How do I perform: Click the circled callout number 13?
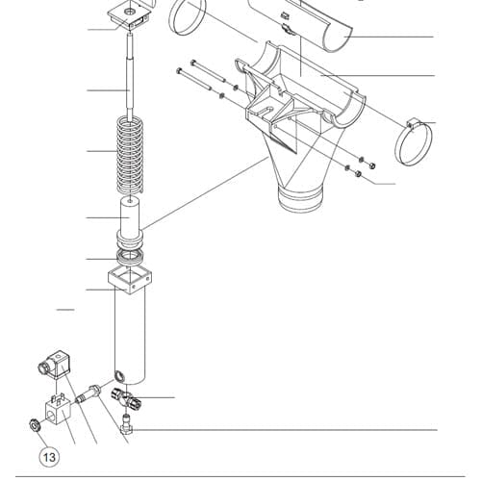[x=49, y=457]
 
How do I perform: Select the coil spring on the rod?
[x=130, y=155]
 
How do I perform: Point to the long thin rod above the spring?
[x=130, y=77]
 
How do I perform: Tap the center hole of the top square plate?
[x=130, y=12]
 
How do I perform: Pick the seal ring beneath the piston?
[x=130, y=257]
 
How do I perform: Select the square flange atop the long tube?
[x=130, y=281]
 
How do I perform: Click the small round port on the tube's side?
[x=119, y=375]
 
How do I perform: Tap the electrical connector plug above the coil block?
[x=54, y=365]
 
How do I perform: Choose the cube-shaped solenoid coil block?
[x=57, y=411]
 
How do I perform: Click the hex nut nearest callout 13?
[x=35, y=425]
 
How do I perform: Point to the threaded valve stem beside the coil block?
[x=89, y=394]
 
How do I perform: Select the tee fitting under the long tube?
[x=126, y=398]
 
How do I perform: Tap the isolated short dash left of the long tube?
[x=65, y=310]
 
